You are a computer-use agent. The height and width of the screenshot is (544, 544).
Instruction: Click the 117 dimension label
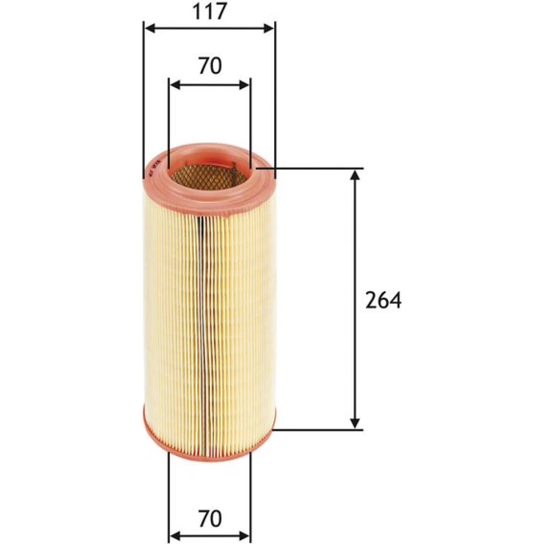pyautogui.click(x=209, y=11)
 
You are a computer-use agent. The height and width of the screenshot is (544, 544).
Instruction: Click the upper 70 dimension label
pyautogui.click(x=210, y=66)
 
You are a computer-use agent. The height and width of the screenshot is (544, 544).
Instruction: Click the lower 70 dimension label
pyautogui.click(x=210, y=518)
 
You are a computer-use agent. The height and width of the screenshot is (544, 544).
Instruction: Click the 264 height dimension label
pyautogui.click(x=384, y=300)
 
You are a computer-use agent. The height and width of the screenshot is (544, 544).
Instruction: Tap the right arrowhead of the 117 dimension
pyautogui.click(x=269, y=28)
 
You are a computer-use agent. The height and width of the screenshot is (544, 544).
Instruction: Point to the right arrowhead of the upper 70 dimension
pyautogui.click(x=244, y=85)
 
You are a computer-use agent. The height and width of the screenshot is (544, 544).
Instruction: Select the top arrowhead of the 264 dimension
pyautogui.click(x=354, y=175)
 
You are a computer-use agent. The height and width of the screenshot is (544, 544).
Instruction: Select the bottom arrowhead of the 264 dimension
pyautogui.click(x=354, y=423)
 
